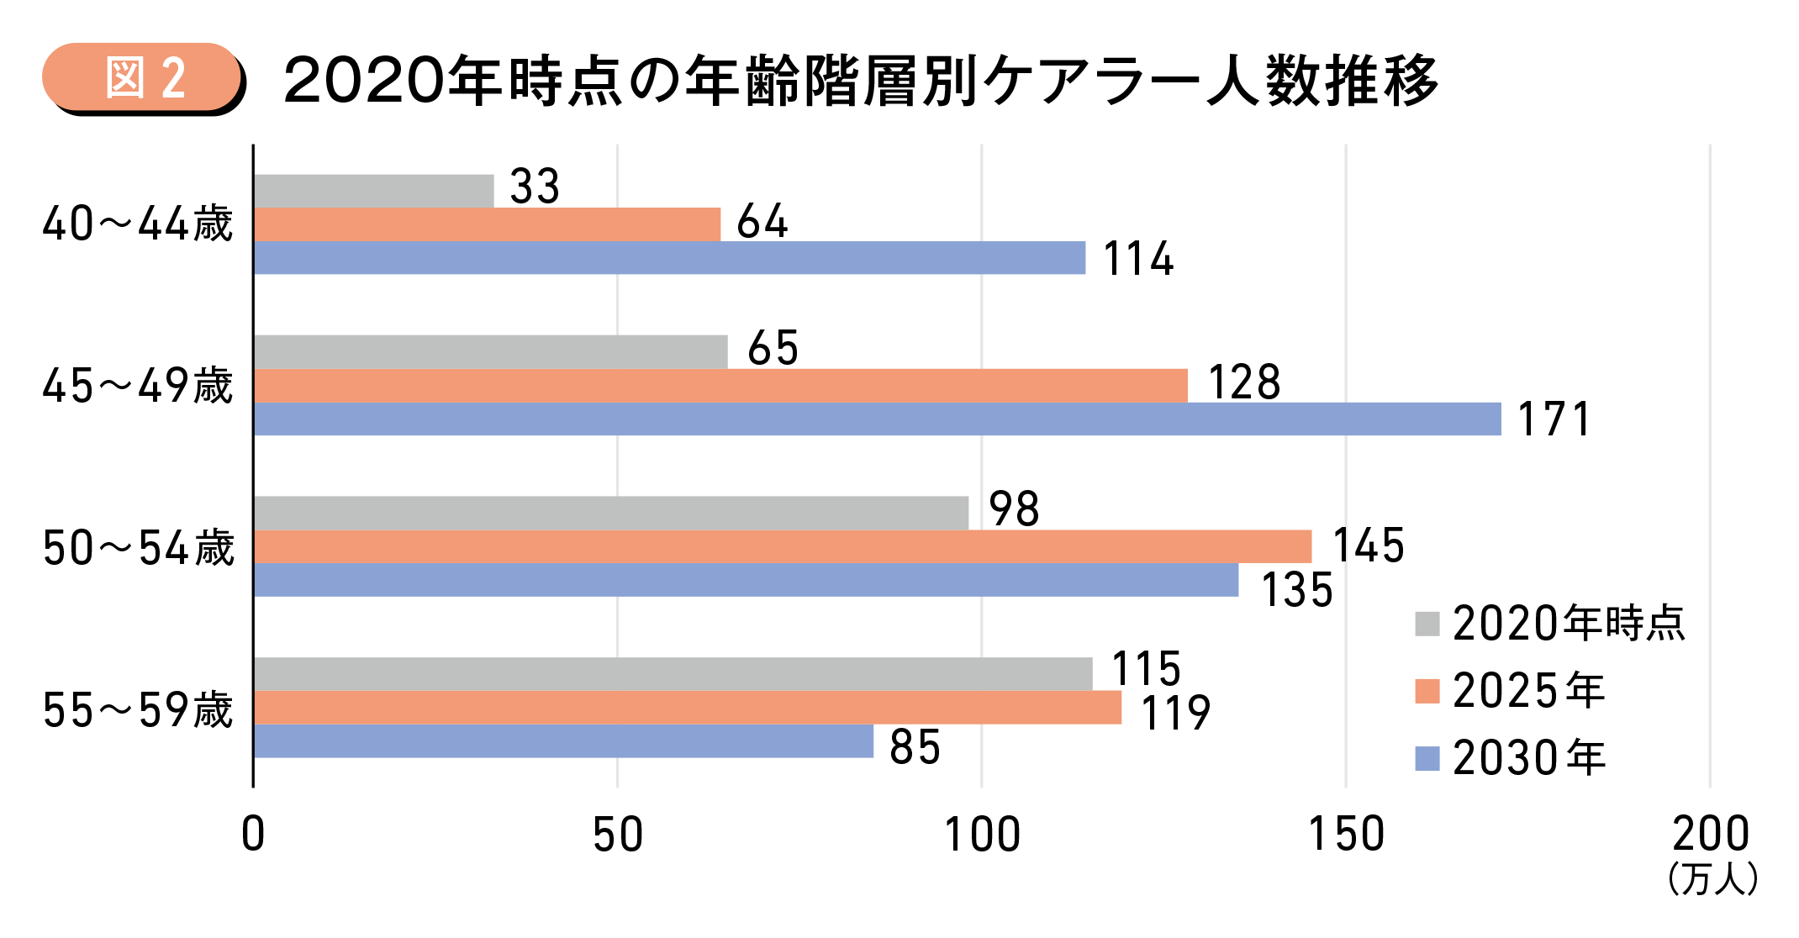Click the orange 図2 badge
(x=143, y=77)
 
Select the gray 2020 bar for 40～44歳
(x=373, y=191)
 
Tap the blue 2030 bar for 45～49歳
(x=877, y=419)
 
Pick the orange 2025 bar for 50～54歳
(x=782, y=546)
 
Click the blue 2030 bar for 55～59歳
(x=563, y=740)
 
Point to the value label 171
(x=1554, y=419)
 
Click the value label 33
(x=535, y=187)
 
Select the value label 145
(x=1369, y=545)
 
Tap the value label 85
(x=915, y=747)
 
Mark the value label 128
(x=1244, y=382)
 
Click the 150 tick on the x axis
(x=1346, y=835)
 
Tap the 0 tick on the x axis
(x=253, y=835)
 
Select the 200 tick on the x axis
(x=1710, y=835)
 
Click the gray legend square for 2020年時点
(x=1427, y=624)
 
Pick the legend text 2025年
(x=1528, y=691)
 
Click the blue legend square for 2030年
(x=1427, y=758)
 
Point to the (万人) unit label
(x=1712, y=879)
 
